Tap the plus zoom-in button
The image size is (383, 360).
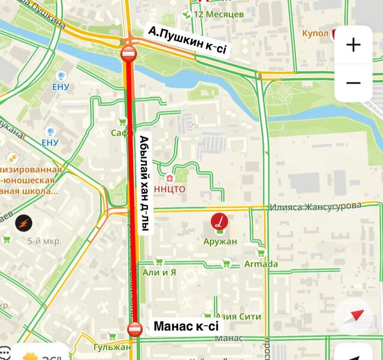click(353, 45)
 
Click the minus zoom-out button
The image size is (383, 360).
click(353, 82)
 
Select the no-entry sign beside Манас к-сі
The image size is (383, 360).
click(135, 328)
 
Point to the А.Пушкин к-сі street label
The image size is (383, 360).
click(187, 41)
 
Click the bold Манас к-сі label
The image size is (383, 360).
click(186, 327)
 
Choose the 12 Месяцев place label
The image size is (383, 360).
click(218, 14)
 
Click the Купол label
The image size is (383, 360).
click(315, 32)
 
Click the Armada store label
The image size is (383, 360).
click(261, 264)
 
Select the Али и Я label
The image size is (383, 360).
click(159, 272)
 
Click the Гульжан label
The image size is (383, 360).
click(112, 347)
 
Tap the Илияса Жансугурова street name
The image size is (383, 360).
click(315, 206)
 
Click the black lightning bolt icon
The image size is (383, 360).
click(23, 222)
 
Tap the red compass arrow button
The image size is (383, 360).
click(358, 316)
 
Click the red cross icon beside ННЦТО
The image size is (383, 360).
click(169, 179)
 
